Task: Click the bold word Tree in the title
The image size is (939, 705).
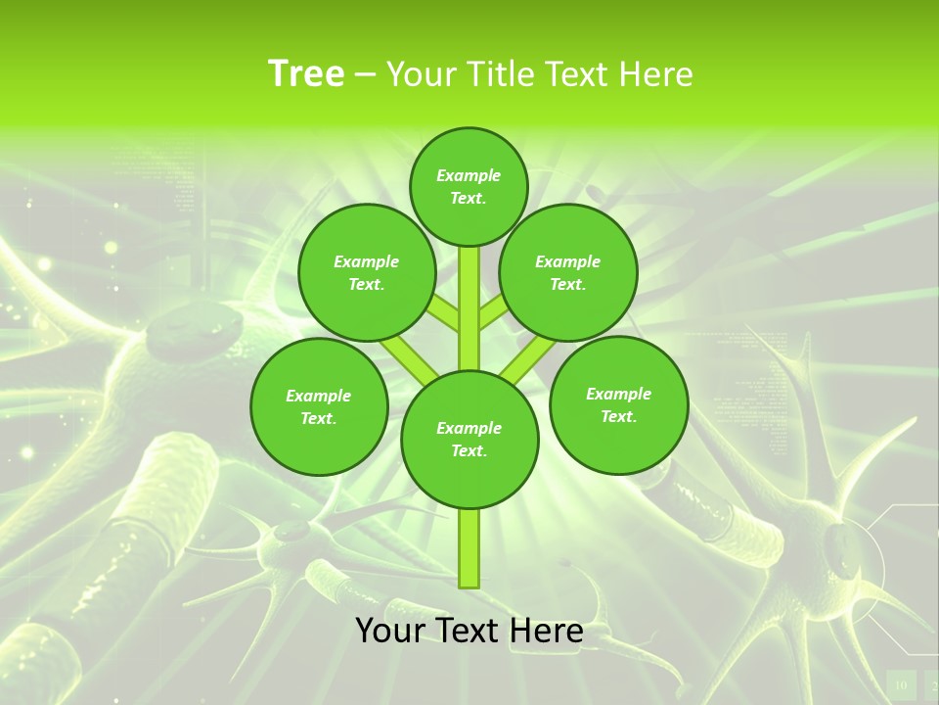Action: click(305, 74)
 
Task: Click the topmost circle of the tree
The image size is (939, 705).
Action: click(469, 186)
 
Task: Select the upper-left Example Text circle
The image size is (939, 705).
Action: click(366, 273)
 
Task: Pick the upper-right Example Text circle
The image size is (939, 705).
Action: click(567, 273)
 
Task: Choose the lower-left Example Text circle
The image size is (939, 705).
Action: click(318, 407)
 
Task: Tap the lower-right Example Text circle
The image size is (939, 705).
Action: click(618, 405)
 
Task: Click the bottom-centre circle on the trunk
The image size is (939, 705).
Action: click(469, 440)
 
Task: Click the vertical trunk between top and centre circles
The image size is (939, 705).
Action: click(469, 308)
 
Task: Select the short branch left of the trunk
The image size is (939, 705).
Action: click(443, 312)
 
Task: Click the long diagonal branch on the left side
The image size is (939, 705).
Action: click(409, 356)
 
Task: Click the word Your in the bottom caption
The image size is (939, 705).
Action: click(389, 631)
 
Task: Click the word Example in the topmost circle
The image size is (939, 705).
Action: click(469, 175)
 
